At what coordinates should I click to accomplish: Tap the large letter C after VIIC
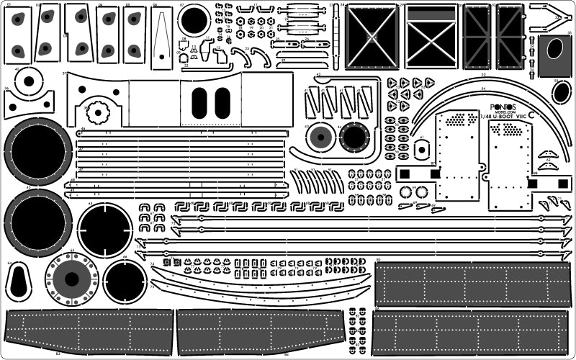pyautogui.click(x=532, y=114)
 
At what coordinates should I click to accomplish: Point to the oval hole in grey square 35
pyautogui.click(x=555, y=49)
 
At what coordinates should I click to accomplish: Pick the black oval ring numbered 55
pyautogui.click(x=562, y=91)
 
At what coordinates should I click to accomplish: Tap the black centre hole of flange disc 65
pyautogui.click(x=71, y=279)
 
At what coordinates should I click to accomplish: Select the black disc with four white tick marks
pyautogui.click(x=105, y=230)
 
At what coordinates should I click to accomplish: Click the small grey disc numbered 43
pyautogui.click(x=320, y=138)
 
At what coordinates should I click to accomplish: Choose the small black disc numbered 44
pyautogui.click(x=354, y=137)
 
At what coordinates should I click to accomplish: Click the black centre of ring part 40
pyautogui.click(x=29, y=81)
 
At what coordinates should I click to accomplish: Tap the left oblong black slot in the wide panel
pyautogui.click(x=201, y=102)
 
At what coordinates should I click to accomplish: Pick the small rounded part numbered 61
pyautogui.click(x=422, y=148)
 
